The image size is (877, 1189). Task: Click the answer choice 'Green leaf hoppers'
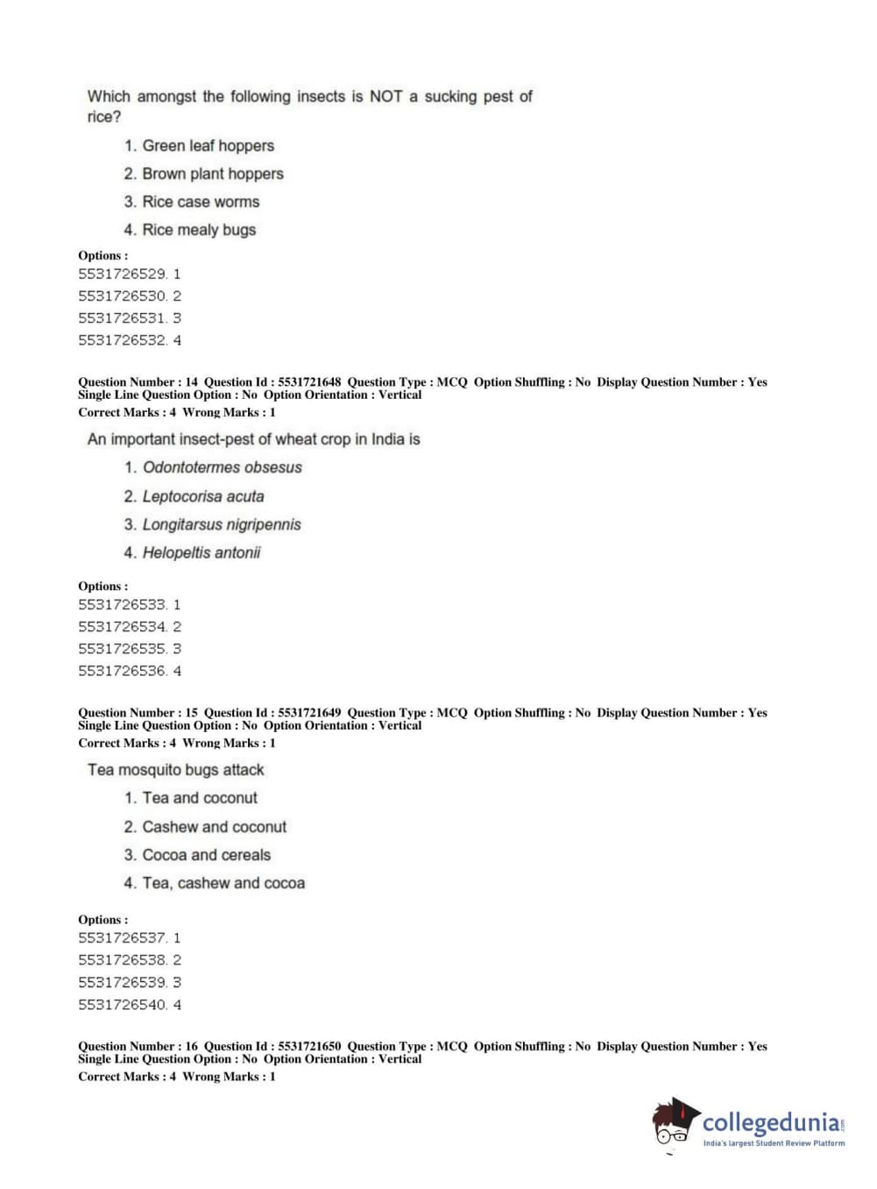208,146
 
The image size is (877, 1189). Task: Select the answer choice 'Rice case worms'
201,202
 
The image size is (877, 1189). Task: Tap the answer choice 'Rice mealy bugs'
199,230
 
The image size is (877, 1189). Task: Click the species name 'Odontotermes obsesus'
222,467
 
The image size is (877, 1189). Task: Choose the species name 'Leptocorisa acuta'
203,496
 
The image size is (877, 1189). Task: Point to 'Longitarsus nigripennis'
222,524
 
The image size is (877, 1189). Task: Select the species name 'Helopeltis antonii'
202,552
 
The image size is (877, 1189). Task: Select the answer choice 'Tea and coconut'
200,798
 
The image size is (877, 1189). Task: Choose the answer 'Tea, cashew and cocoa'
223,883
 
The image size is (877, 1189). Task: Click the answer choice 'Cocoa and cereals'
207,855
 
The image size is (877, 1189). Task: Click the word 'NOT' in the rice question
385,96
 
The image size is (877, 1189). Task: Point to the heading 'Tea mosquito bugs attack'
175,770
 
